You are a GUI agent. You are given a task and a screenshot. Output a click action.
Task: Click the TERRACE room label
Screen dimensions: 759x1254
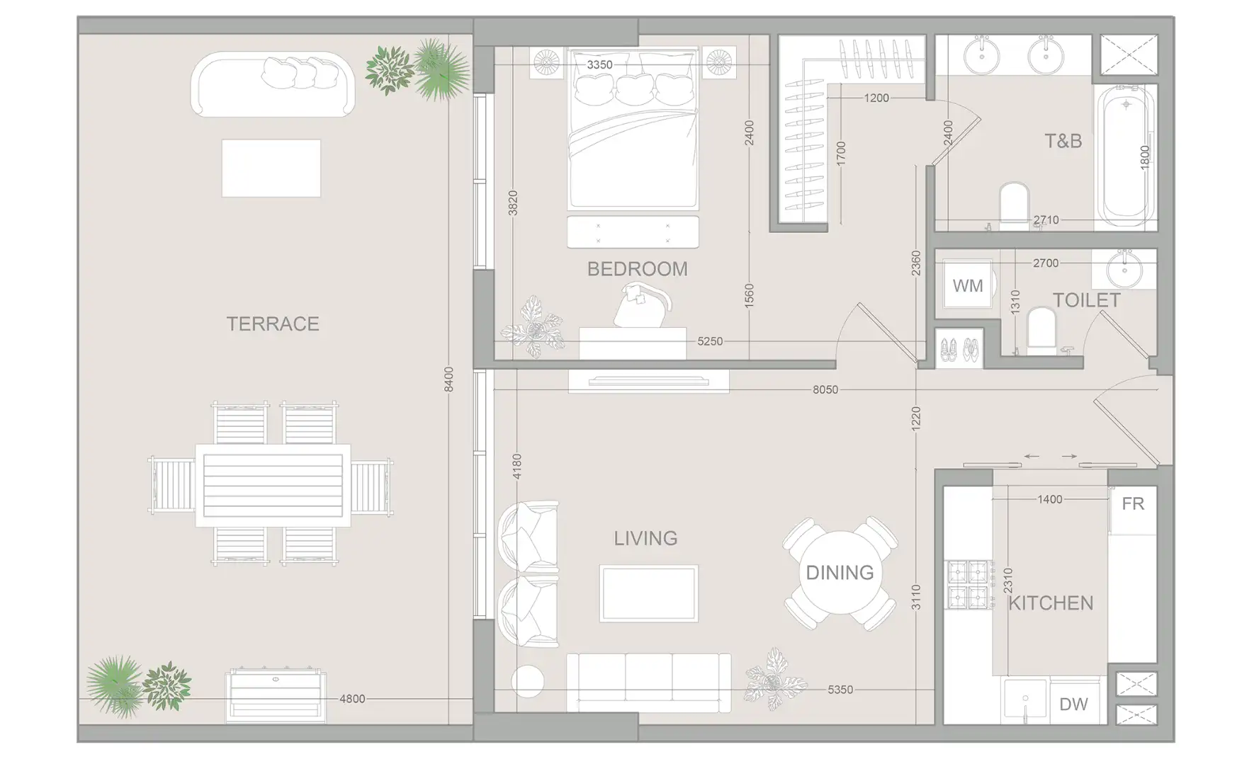click(273, 324)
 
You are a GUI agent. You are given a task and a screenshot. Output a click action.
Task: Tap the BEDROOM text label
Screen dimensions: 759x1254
click(637, 269)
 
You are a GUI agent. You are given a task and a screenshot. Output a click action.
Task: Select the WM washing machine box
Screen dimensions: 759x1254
click(967, 285)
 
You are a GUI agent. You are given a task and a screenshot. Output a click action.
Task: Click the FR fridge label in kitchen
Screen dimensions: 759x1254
click(1132, 503)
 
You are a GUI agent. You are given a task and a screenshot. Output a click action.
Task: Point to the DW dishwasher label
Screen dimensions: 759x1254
click(1073, 704)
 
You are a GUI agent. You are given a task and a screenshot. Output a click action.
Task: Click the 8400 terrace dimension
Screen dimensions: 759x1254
click(448, 379)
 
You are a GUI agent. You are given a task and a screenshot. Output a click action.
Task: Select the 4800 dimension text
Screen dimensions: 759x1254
click(352, 699)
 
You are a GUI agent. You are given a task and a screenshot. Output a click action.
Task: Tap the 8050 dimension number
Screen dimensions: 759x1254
click(825, 389)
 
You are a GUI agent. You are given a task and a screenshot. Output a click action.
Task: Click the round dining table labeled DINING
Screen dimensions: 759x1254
click(840, 572)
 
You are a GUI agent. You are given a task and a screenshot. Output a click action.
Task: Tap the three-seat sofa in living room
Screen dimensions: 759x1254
click(648, 682)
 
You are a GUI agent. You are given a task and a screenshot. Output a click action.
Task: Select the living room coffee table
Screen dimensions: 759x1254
click(648, 593)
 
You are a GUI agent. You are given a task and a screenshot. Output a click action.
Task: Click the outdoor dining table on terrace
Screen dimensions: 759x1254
click(273, 485)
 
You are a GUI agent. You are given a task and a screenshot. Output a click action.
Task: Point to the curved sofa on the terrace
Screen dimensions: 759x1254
click(273, 85)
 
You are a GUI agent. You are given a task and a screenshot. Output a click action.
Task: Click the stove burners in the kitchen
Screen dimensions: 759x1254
click(968, 584)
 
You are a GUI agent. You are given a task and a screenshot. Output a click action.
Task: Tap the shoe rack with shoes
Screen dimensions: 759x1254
click(959, 348)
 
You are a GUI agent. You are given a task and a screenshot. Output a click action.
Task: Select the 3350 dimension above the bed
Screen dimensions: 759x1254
click(599, 64)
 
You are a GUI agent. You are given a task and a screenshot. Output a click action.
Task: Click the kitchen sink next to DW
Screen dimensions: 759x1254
click(1024, 700)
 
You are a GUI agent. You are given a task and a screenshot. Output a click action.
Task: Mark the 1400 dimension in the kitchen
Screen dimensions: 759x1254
click(1049, 499)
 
